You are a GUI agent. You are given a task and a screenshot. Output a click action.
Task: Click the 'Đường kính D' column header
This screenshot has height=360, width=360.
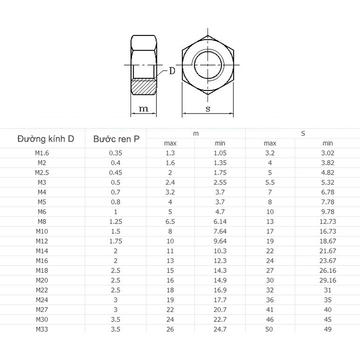pos(45,139)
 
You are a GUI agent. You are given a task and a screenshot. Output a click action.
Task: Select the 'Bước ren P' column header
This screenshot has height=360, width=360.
pos(116,139)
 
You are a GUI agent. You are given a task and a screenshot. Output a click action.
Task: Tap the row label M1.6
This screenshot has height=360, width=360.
pos(42,153)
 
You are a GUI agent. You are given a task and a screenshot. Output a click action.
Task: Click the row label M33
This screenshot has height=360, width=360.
pos(42,329)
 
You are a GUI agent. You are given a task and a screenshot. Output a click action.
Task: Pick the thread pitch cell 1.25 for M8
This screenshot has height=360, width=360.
pos(115,221)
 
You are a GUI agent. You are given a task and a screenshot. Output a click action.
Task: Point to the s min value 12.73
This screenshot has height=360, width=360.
pos(328,221)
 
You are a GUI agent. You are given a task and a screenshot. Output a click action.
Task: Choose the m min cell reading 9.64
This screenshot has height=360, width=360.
pos(220,241)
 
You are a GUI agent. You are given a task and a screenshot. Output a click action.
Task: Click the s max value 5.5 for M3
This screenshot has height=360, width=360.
pos(270,182)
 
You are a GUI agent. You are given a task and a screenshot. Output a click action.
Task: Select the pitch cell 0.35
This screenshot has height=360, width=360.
pos(115,153)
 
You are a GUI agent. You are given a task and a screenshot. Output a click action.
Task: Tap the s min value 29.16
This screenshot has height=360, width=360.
pos(328,280)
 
